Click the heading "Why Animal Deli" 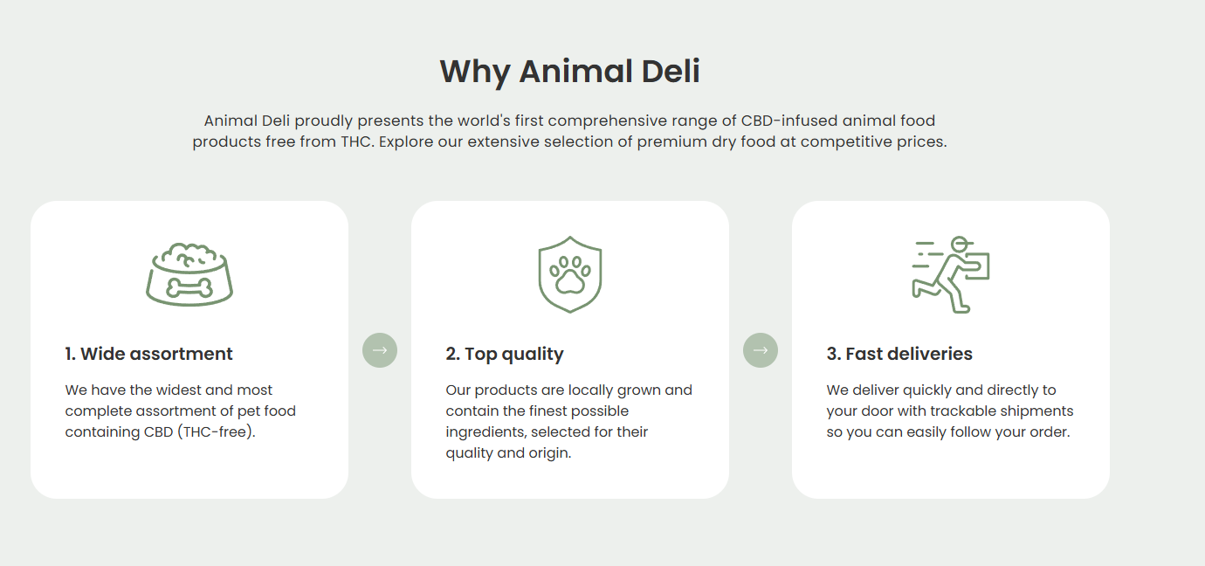(569, 72)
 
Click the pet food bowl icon (189, 274)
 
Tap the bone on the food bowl (189, 288)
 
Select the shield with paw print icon (570, 274)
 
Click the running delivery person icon (951, 274)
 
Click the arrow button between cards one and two (380, 350)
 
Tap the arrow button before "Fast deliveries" (761, 350)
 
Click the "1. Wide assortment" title (148, 354)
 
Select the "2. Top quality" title (505, 354)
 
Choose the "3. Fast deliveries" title (899, 354)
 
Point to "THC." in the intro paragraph (357, 141)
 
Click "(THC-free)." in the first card (217, 432)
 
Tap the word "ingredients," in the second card (483, 432)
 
